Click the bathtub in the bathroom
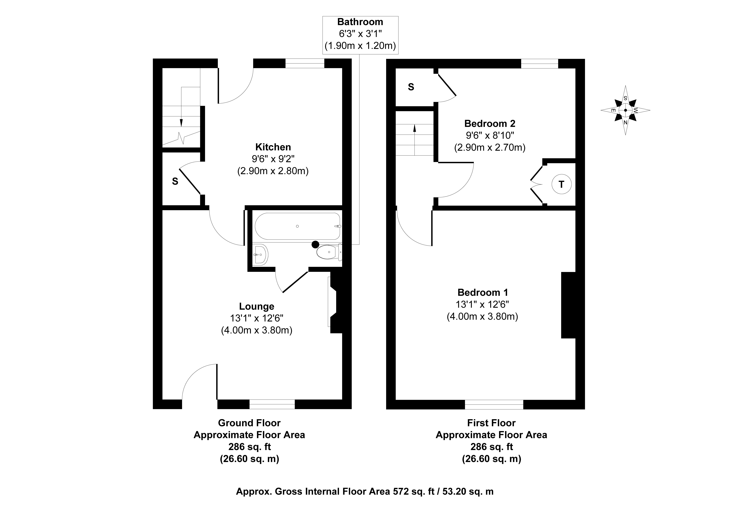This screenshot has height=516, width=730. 297,226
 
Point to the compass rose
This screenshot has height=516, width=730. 625,110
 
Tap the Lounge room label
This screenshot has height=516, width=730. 257,306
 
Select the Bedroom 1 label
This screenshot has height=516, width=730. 483,292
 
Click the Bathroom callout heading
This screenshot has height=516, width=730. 360,22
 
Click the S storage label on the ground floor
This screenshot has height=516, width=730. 175,181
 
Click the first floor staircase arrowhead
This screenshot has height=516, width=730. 415,128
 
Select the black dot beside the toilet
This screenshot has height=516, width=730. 315,244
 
